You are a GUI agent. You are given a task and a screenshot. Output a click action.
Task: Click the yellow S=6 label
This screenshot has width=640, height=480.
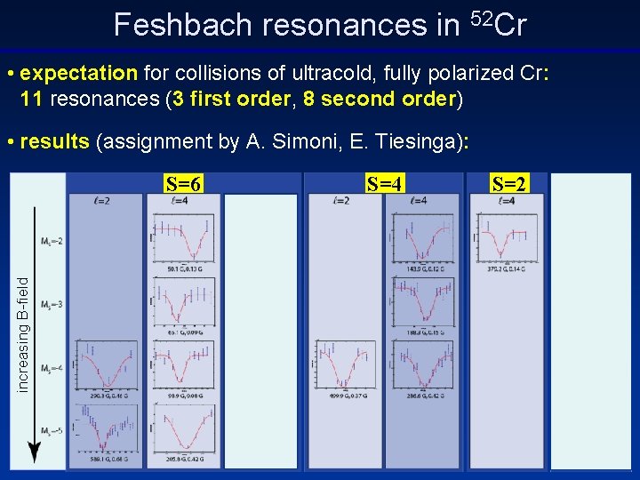pyautogui.click(x=184, y=185)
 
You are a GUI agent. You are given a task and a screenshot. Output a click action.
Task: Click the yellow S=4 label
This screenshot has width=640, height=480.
pyautogui.click(x=385, y=185)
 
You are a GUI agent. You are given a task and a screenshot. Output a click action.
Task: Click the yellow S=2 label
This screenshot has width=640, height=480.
pyautogui.click(x=509, y=185)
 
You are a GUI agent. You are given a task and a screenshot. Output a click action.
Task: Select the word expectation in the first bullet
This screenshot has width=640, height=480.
pyautogui.click(x=78, y=72)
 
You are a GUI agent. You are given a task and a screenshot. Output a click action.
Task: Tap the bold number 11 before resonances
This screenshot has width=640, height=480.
pyautogui.click(x=31, y=98)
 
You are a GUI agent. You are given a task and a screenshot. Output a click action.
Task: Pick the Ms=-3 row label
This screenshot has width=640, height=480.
pyautogui.click(x=51, y=305)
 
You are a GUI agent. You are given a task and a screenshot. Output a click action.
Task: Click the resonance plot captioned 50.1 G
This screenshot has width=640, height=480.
pyautogui.click(x=183, y=236)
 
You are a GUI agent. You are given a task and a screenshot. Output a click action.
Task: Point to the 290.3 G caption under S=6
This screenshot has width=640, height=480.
pyautogui.click(x=106, y=396)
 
